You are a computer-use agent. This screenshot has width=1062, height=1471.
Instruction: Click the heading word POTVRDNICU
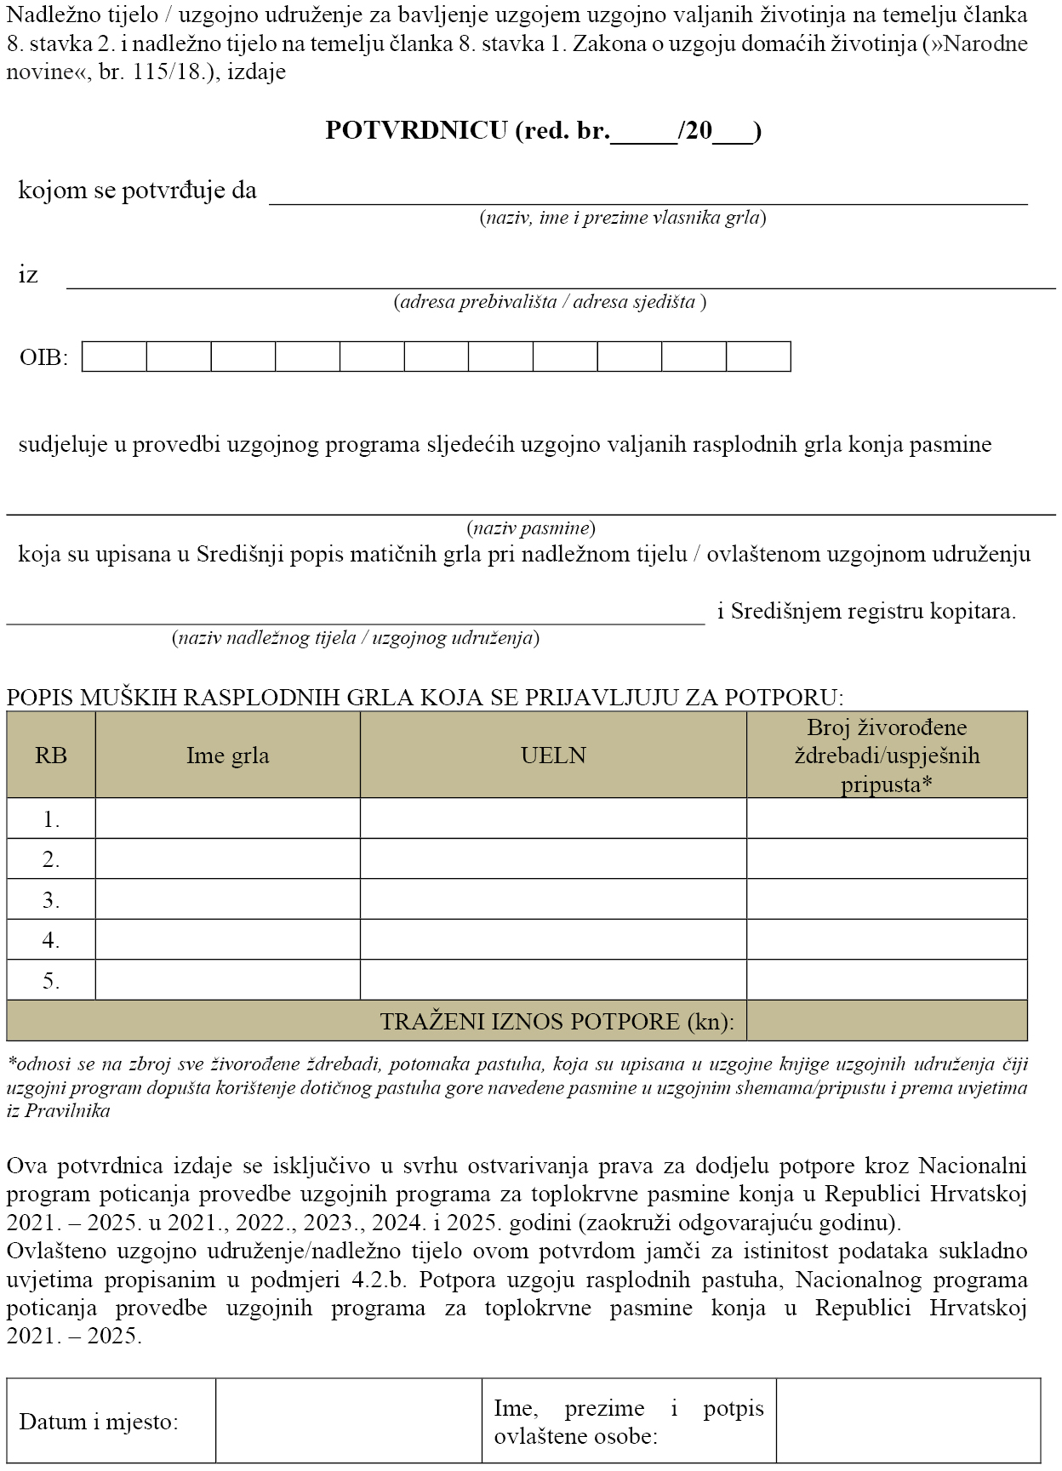point(416,130)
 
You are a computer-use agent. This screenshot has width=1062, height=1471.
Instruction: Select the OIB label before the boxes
point(43,357)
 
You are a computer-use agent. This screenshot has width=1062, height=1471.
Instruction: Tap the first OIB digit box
point(114,356)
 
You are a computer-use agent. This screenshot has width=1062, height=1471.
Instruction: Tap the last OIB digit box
point(758,356)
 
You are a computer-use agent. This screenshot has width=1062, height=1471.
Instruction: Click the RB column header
point(51,755)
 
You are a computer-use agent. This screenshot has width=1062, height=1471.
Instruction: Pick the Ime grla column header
point(227,755)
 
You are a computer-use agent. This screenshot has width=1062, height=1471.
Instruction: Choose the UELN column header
point(553,755)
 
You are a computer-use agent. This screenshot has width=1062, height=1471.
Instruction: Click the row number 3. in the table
point(51,899)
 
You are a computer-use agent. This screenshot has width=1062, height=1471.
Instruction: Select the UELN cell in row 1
point(553,818)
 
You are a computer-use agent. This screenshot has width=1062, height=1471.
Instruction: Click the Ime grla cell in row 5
point(227,980)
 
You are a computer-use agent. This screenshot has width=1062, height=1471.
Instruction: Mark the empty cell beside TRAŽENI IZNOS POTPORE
point(887,1021)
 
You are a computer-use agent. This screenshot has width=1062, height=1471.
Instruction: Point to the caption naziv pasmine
point(531,528)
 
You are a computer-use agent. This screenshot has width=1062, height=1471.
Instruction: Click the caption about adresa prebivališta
point(549,302)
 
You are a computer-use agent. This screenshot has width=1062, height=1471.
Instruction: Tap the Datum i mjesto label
point(99,1422)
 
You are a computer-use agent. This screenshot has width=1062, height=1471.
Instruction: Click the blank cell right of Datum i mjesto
point(348,1421)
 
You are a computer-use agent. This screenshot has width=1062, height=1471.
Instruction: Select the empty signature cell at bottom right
point(908,1421)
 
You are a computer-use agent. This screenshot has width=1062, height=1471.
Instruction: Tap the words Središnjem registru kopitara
point(873,611)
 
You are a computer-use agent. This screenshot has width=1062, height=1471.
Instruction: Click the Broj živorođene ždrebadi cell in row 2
point(887,858)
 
